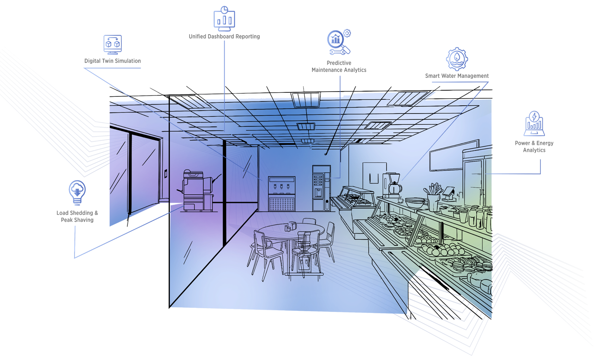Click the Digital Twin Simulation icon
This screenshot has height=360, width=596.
click(x=112, y=44)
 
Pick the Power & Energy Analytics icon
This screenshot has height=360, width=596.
click(x=534, y=124)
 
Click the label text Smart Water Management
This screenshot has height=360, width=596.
click(x=457, y=76)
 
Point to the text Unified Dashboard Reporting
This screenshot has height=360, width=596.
click(x=224, y=36)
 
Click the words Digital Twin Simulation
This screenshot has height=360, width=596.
click(x=112, y=61)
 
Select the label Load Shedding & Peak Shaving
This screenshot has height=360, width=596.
click(x=77, y=216)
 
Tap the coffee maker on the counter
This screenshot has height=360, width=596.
click(x=393, y=185)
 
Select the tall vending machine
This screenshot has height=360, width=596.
click(x=321, y=188)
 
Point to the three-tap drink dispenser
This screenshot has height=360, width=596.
click(x=282, y=194)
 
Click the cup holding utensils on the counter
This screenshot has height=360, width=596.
click(x=433, y=202)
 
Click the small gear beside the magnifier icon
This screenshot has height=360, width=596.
click(x=347, y=33)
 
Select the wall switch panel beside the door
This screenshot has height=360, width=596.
click(x=166, y=173)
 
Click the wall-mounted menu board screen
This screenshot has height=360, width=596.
click(x=454, y=156)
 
